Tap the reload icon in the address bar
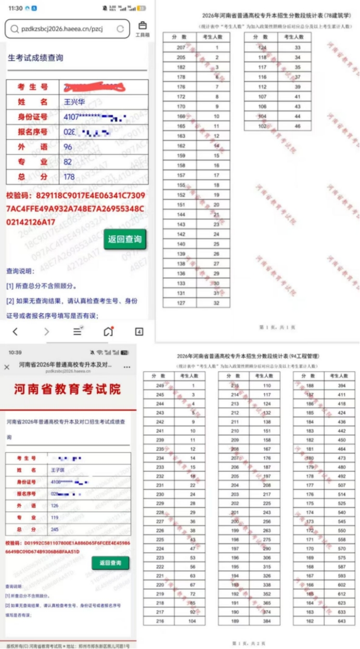[121, 29]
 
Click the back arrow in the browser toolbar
[15, 331]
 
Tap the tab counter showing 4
[139, 331]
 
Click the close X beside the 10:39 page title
[7, 367]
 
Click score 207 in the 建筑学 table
[181, 47]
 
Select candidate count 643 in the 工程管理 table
[342, 621]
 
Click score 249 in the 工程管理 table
[160, 385]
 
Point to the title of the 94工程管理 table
[248, 356]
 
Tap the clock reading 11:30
[16, 8]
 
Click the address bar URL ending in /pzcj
[60, 29]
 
